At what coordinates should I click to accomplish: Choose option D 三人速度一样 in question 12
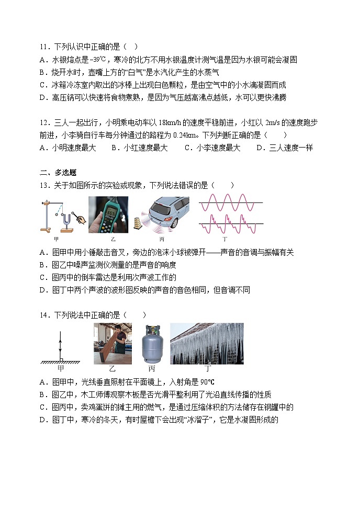284,148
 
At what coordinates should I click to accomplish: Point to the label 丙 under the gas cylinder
152,368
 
